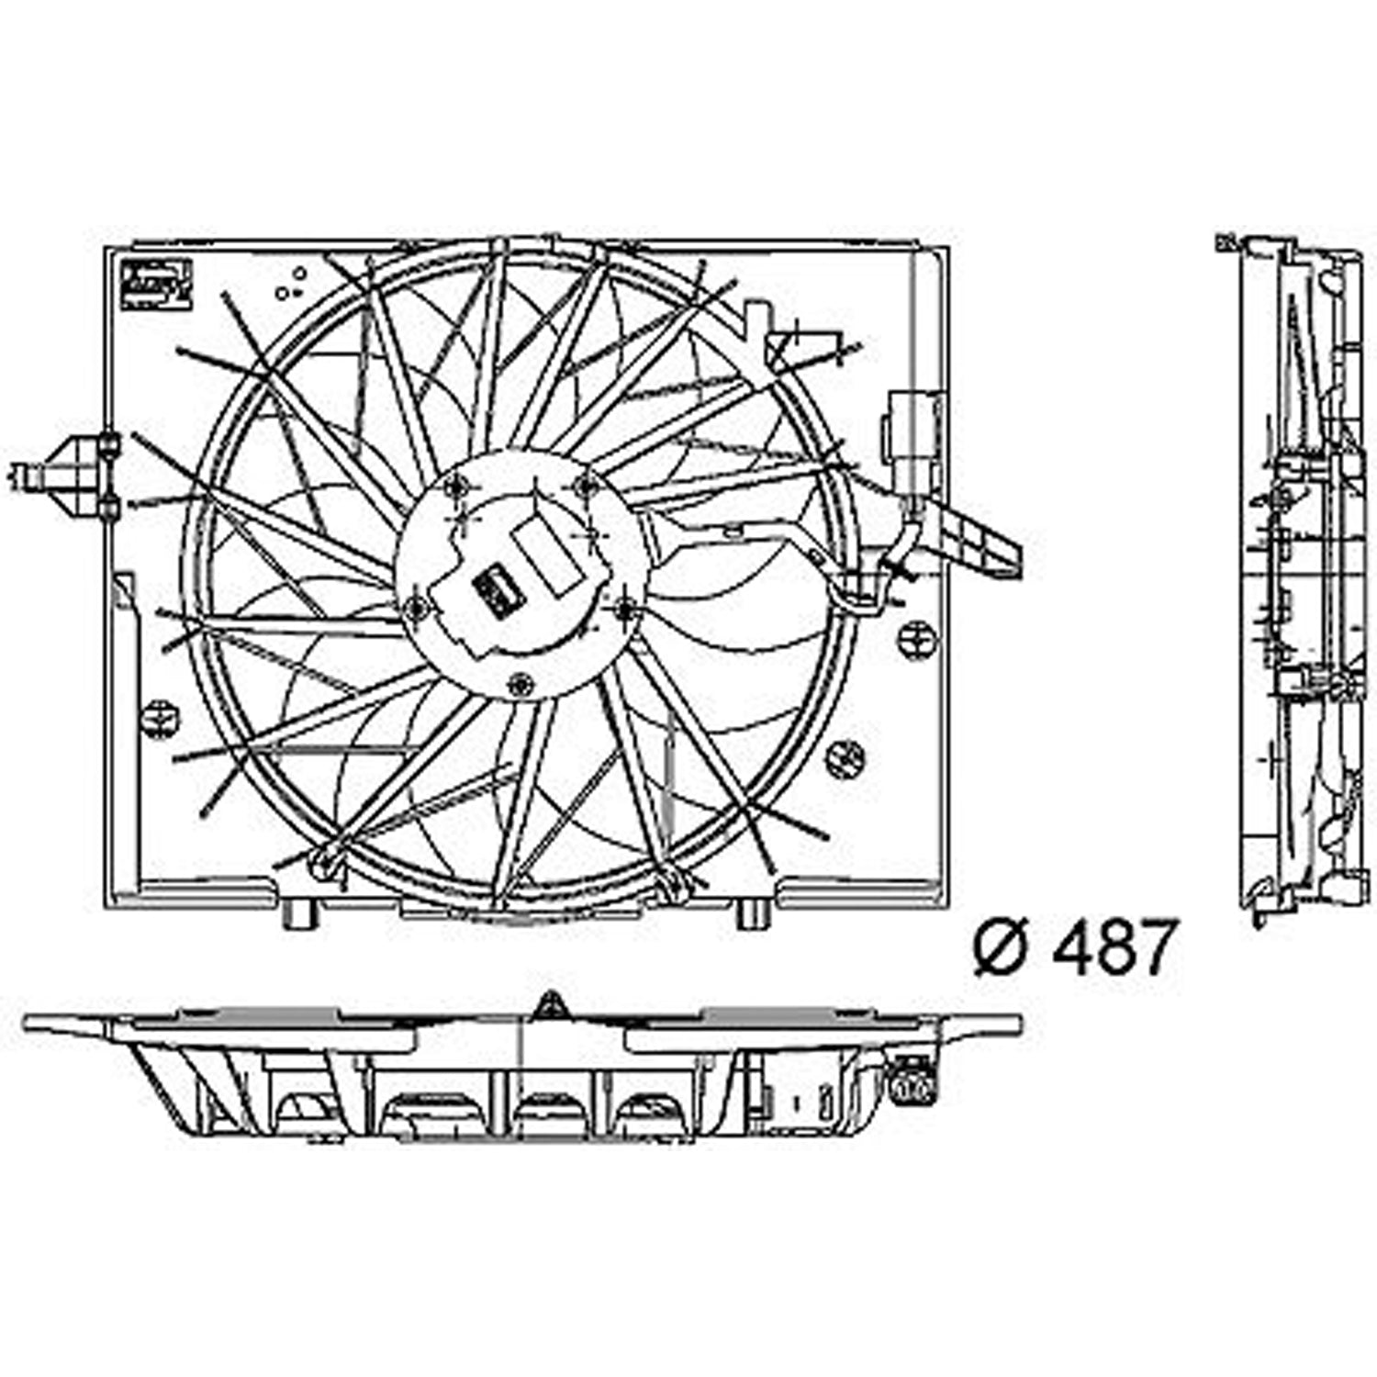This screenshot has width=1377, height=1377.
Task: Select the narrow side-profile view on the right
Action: [x=1299, y=578]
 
